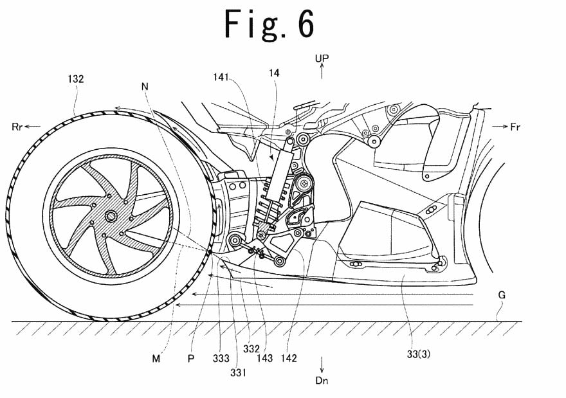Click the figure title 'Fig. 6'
[269, 25]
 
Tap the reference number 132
[76, 79]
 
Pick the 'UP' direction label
[322, 59]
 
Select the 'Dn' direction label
[322, 381]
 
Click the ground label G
[501, 295]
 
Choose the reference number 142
[289, 358]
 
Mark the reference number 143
[264, 358]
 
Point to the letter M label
[156, 358]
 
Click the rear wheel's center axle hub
[111, 215]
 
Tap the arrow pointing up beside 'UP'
[322, 71]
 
